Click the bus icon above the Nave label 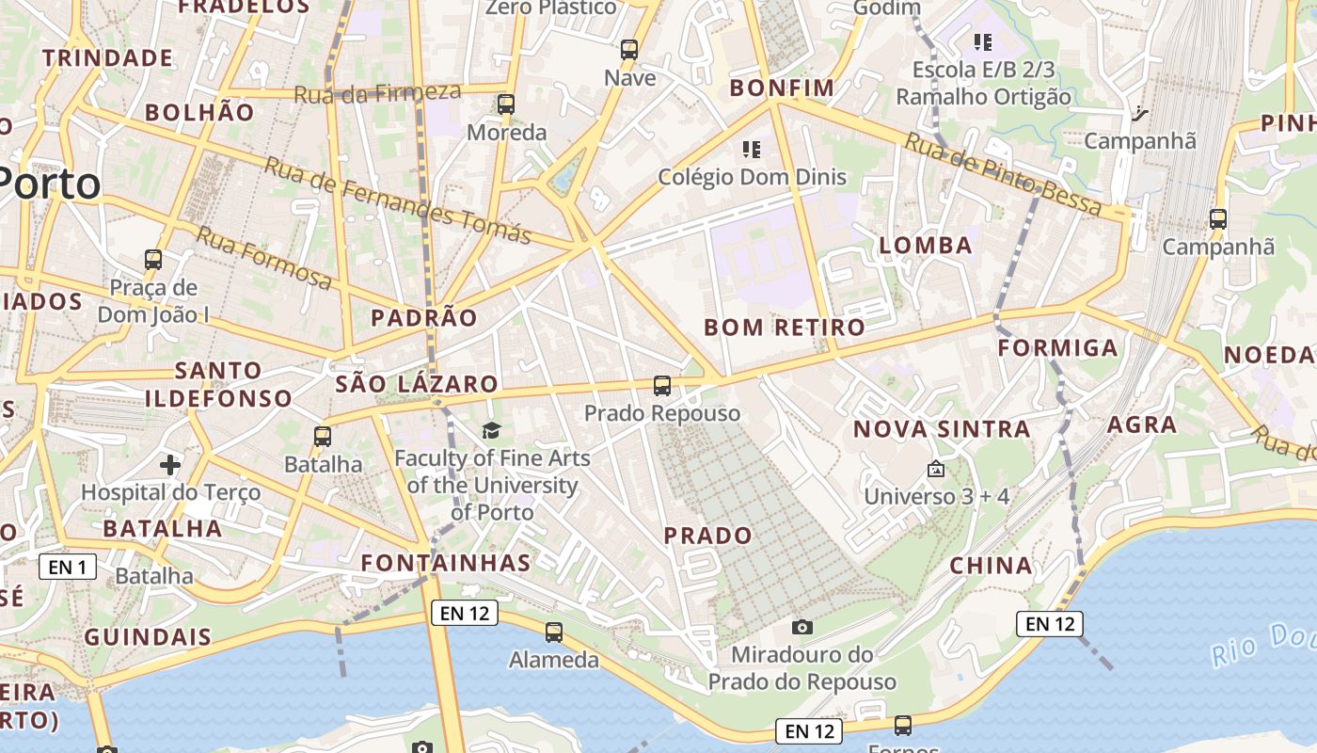(x=629, y=50)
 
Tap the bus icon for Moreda (x=506, y=104)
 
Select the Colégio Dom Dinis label (x=752, y=177)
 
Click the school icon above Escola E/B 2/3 (x=983, y=41)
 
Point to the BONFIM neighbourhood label (x=782, y=88)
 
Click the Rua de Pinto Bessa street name (x=1003, y=174)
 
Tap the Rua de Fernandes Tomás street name (x=398, y=200)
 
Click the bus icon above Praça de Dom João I (x=153, y=259)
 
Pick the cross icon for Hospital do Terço (x=170, y=465)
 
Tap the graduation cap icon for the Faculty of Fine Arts (x=492, y=431)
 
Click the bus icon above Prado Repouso (x=662, y=385)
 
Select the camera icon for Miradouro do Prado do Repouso (x=802, y=627)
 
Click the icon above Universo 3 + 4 (x=936, y=469)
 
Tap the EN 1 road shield (x=68, y=567)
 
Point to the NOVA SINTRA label (x=941, y=429)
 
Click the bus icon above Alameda (x=554, y=633)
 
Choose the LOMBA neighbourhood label (x=926, y=246)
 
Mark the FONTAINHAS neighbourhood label (x=446, y=563)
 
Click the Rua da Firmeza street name (x=377, y=93)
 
